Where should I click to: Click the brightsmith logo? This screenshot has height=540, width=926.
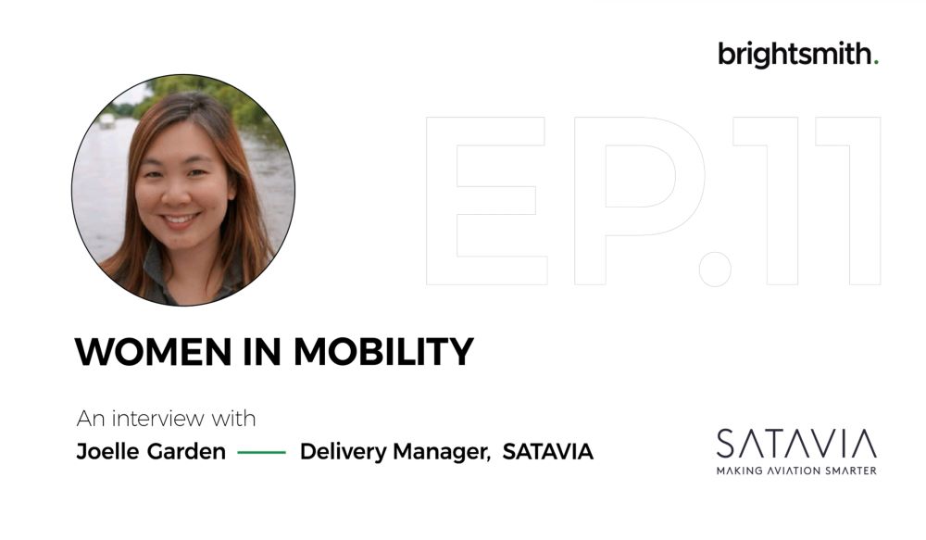pyautogui.click(x=798, y=55)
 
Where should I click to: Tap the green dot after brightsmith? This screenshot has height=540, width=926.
pyautogui.click(x=876, y=61)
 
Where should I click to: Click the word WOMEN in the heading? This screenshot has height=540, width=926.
pyautogui.click(x=153, y=352)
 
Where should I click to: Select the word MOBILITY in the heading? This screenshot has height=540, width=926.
pyautogui.click(x=384, y=352)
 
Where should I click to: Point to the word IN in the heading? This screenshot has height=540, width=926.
pyautogui.click(x=262, y=352)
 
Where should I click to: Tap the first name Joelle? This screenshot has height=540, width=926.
pyautogui.click(x=108, y=452)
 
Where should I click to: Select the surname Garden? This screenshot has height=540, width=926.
pyautogui.click(x=187, y=452)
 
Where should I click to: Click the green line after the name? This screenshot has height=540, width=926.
pyautogui.click(x=262, y=453)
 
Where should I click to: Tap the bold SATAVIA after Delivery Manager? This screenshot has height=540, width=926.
pyautogui.click(x=548, y=452)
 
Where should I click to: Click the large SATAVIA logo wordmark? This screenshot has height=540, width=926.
pyautogui.click(x=796, y=444)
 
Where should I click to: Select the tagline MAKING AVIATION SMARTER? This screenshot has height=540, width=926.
pyautogui.click(x=796, y=471)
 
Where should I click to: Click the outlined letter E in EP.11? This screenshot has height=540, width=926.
pyautogui.click(x=486, y=201)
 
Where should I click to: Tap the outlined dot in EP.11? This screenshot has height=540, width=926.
pyautogui.click(x=715, y=269)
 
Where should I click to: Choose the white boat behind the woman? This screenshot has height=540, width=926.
pyautogui.click(x=106, y=120)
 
